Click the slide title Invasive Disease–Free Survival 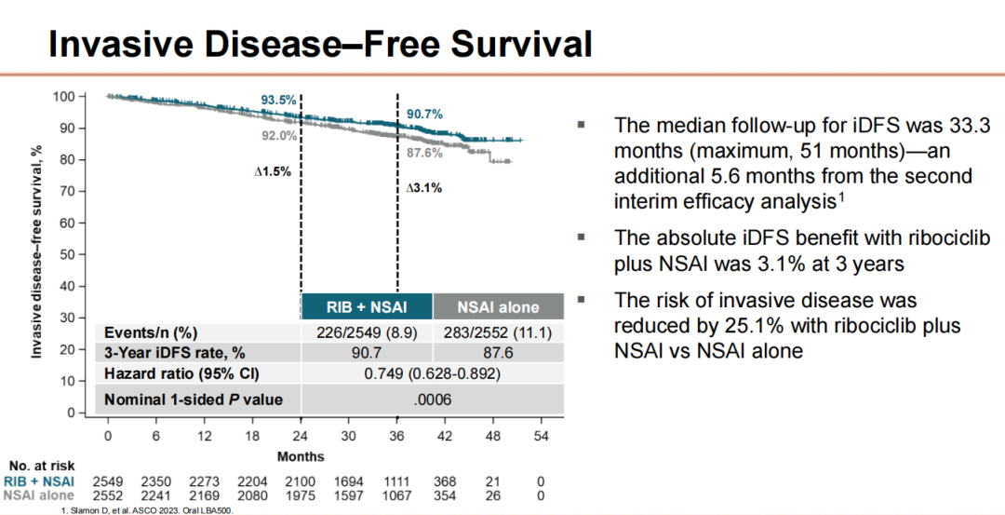[x=320, y=44]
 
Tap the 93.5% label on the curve [x=277, y=100]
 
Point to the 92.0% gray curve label [x=277, y=135]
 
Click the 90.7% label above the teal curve [x=424, y=114]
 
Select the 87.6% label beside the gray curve [x=425, y=152]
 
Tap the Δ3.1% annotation [x=423, y=188]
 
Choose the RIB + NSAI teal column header [x=367, y=305]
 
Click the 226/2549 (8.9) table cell [x=367, y=332]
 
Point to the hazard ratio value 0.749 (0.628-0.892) [x=433, y=375]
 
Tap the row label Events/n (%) [x=152, y=332]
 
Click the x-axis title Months [x=300, y=456]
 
